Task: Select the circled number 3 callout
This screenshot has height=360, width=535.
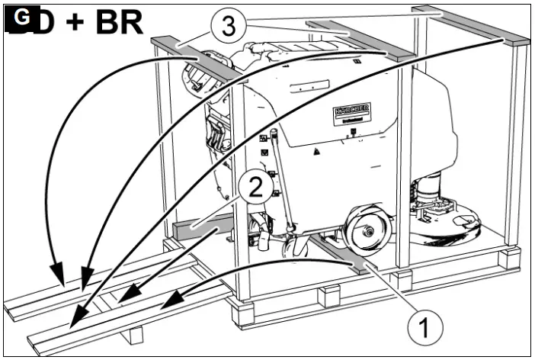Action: pyautogui.click(x=226, y=28)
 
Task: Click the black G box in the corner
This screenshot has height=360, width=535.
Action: pyautogui.click(x=18, y=17)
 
